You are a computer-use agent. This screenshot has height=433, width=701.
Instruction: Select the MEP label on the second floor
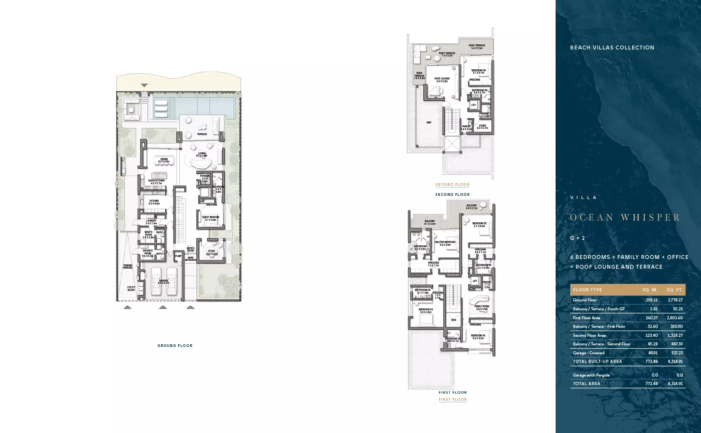pos(429,123)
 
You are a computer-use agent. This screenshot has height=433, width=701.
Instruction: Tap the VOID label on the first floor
pos(454,320)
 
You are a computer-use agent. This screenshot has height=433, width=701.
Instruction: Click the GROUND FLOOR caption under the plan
pos(175,346)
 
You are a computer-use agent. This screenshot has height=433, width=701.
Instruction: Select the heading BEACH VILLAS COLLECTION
pos(612,48)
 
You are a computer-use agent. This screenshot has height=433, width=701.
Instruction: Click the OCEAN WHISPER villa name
pos(625,217)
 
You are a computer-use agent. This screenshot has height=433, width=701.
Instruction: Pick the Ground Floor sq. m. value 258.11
pos(652,300)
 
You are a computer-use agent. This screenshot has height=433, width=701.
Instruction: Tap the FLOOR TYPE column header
pos(587,290)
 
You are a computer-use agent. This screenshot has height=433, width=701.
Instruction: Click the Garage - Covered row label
pos(588,353)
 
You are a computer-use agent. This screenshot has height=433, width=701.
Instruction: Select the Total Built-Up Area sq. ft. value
pos(675,361)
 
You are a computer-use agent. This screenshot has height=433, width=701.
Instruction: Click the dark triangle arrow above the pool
pos(144,85)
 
